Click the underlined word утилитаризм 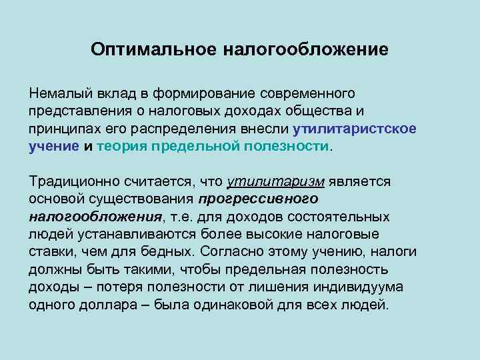pyautogui.click(x=267, y=181)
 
